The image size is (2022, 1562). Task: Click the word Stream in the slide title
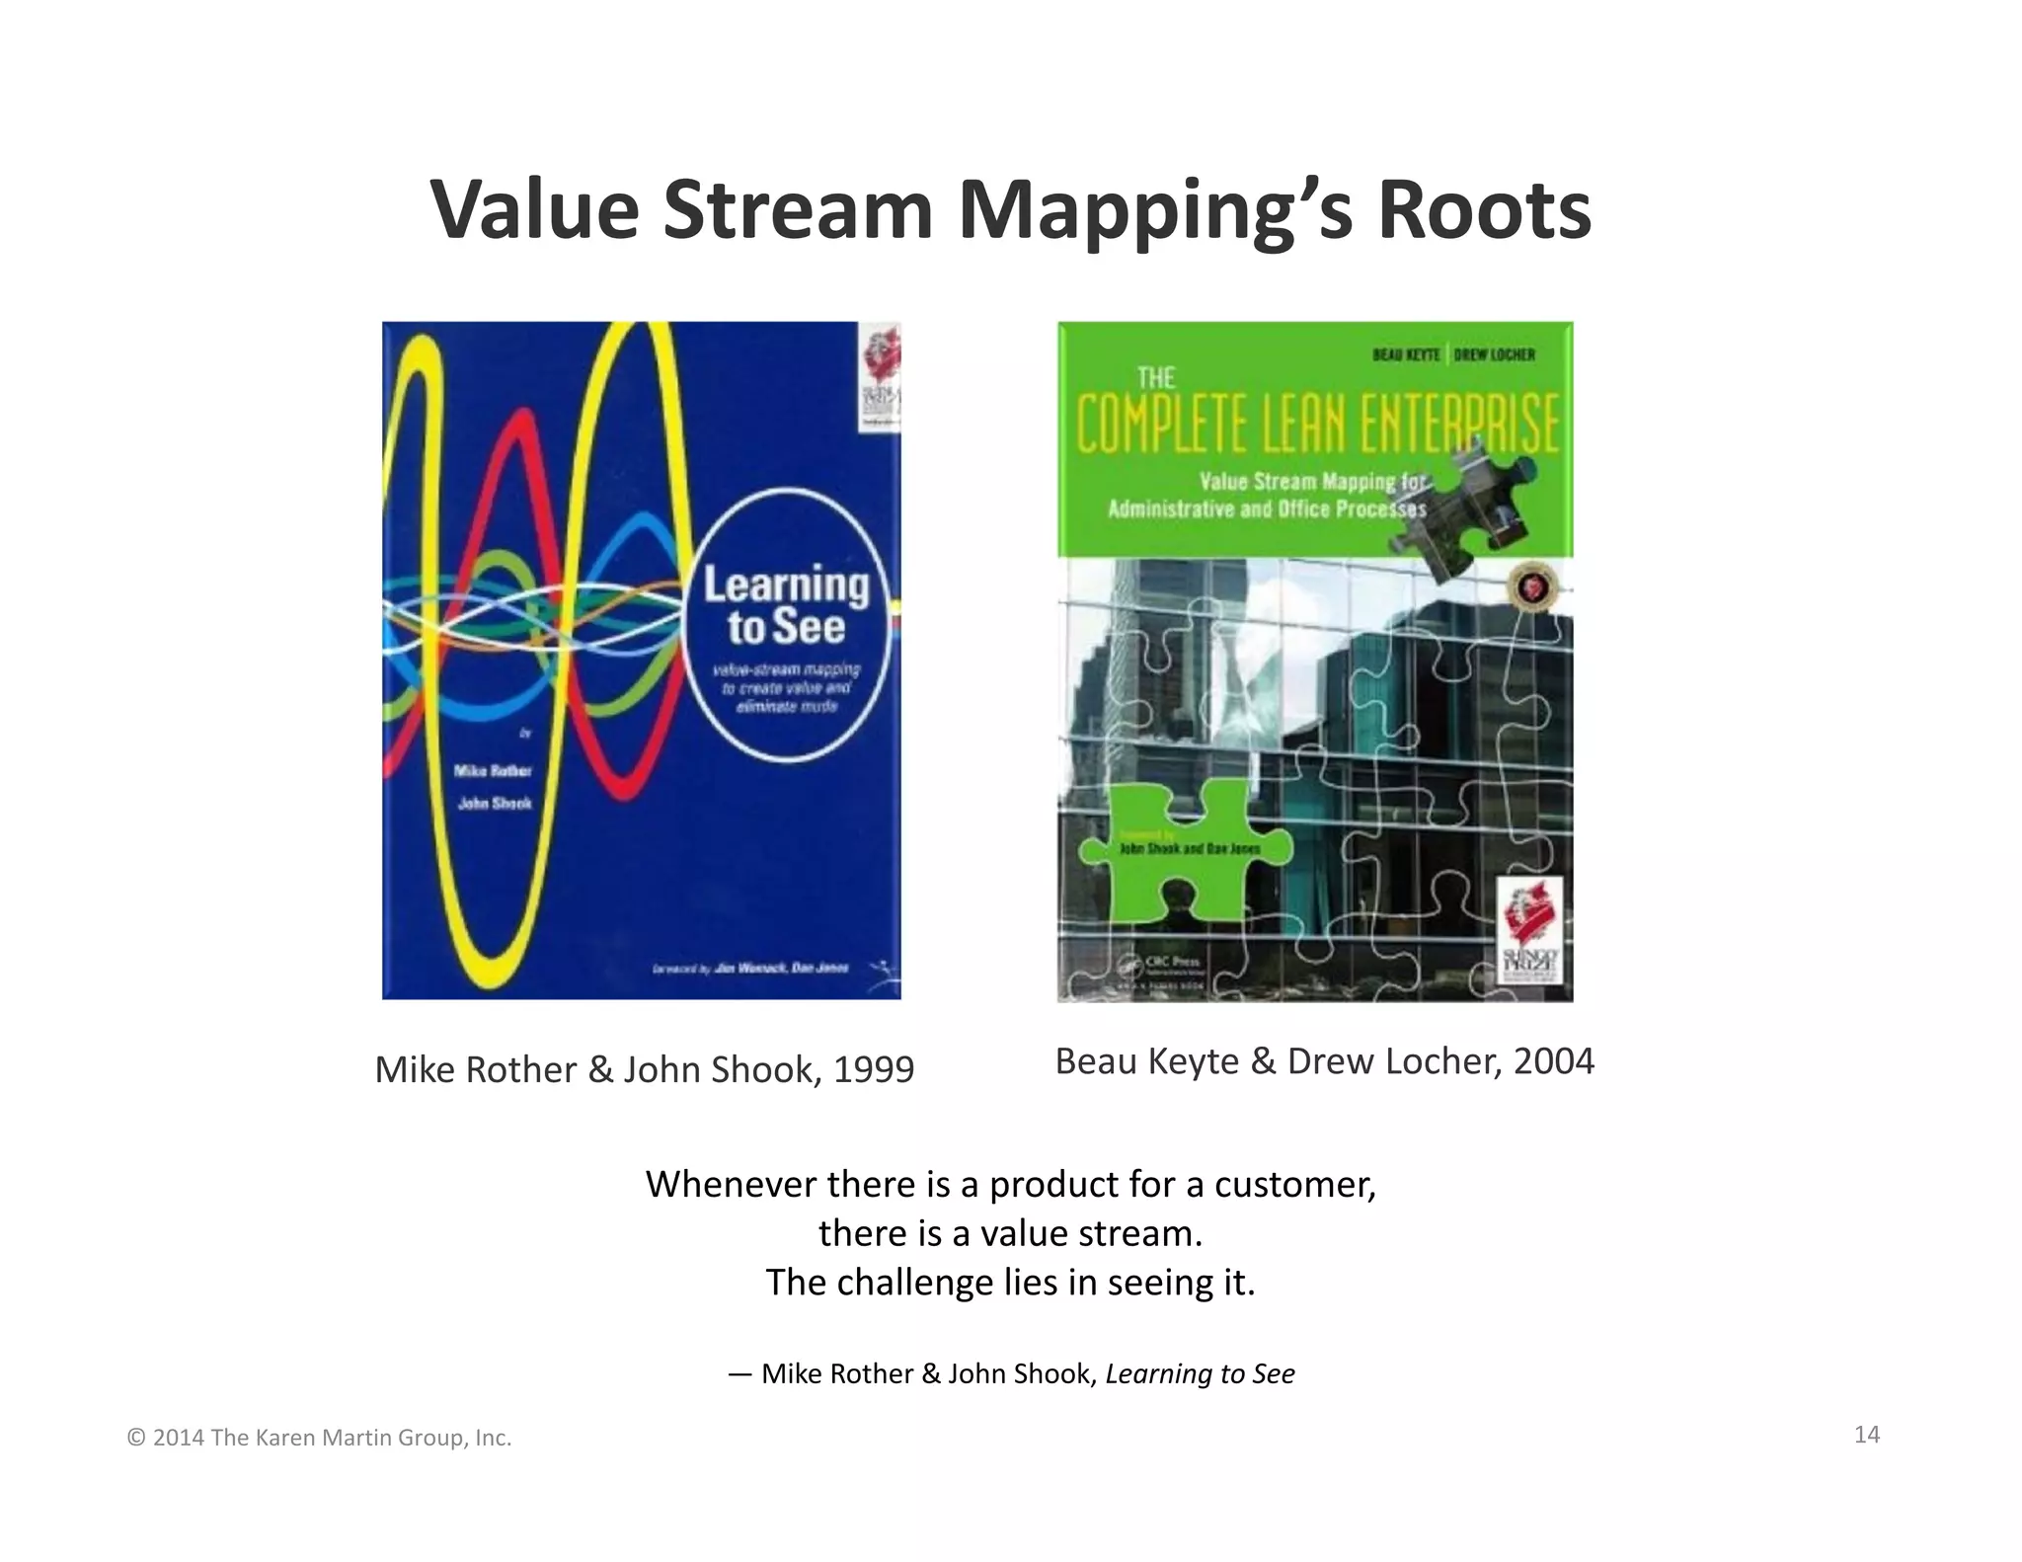(x=798, y=209)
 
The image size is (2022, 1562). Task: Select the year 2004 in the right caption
(x=1553, y=1061)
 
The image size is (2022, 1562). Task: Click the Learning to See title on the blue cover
(x=786, y=605)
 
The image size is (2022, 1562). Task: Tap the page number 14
(x=1866, y=1435)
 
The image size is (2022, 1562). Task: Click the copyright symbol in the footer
(x=136, y=1439)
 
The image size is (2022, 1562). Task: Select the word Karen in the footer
(x=283, y=1439)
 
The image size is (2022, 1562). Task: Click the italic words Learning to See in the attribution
(x=1200, y=1373)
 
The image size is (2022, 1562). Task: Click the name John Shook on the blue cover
(x=495, y=804)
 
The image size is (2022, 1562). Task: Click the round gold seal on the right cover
(x=1525, y=588)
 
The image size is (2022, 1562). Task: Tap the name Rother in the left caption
(x=520, y=1069)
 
